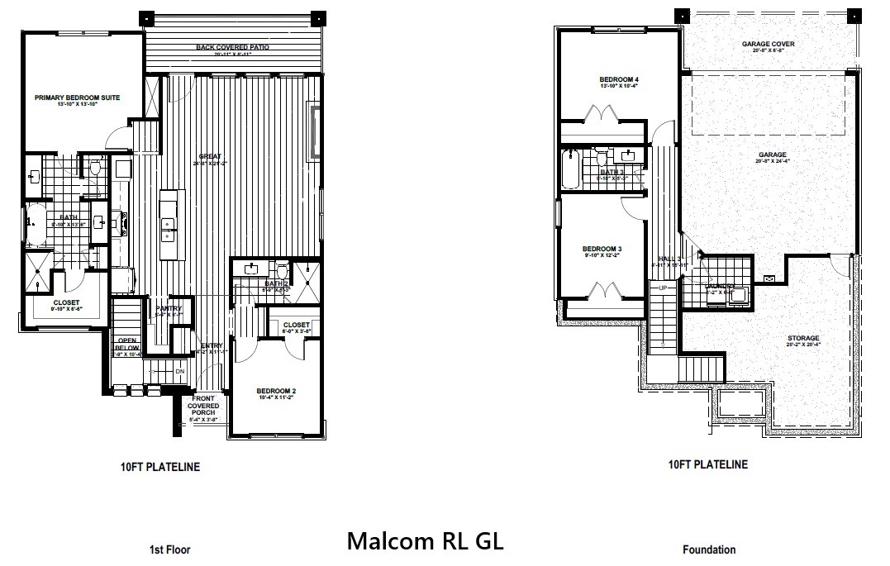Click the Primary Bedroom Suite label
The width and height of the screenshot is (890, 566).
[78, 98]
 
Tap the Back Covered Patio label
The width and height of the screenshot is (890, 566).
[232, 48]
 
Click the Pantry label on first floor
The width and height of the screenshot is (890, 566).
[169, 308]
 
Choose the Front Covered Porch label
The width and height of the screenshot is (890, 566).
[203, 407]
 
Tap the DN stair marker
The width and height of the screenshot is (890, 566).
[180, 372]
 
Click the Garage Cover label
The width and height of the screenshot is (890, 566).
[768, 44]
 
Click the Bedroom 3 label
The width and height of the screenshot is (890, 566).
[602, 249]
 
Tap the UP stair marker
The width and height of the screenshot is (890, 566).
[663, 288]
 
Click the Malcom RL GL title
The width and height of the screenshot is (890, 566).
[425, 541]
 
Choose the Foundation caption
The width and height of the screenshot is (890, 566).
[708, 549]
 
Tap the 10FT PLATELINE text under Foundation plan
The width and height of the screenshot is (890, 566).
[707, 464]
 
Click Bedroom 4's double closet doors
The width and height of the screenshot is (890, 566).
[601, 112]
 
